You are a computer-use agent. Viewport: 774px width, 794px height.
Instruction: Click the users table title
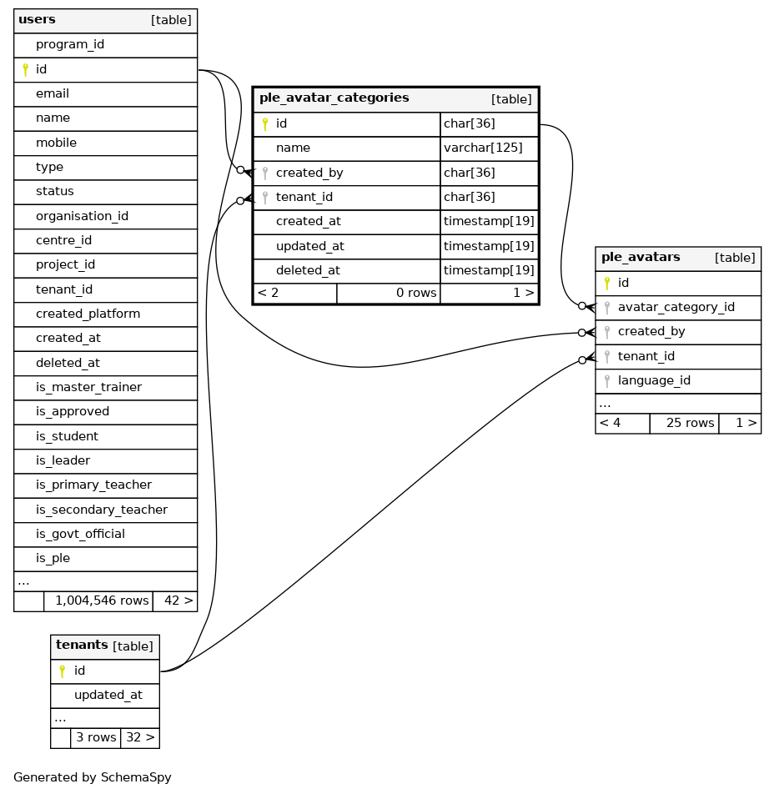pos(37,20)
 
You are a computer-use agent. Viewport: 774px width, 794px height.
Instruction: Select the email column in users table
pos(53,94)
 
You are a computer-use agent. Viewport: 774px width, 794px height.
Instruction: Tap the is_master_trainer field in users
pos(88,387)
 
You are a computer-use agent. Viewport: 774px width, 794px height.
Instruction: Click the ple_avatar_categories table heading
pos(334,98)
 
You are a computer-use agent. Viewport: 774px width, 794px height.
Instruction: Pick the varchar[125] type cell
pos(483,148)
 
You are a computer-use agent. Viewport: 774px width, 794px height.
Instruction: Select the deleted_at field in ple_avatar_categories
pos(308,271)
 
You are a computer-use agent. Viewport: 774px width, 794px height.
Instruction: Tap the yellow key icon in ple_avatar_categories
pos(265,124)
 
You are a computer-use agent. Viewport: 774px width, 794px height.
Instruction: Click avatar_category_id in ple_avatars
pos(676,308)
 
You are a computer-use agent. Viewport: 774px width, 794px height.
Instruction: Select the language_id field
pos(654,381)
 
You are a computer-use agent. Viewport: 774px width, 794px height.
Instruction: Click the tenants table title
pos(82,646)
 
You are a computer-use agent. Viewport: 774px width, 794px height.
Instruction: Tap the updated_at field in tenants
pos(108,696)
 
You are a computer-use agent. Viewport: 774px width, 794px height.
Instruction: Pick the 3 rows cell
pos(95,738)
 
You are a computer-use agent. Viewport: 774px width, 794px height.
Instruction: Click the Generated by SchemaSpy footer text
pos(93,778)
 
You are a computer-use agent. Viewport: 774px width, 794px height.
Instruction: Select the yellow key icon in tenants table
pos(62,671)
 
